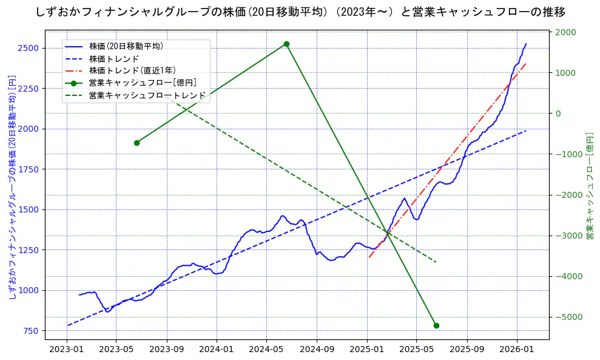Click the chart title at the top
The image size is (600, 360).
point(300,12)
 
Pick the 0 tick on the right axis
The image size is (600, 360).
point(558,114)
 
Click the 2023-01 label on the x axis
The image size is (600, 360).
point(66,349)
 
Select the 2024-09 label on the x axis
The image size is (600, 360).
point(317,349)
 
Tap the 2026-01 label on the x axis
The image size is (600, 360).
point(516,349)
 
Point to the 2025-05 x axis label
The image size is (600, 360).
point(416,349)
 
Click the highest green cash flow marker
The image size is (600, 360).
point(286,44)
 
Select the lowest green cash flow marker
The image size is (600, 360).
point(436,325)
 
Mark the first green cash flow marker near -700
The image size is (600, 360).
point(137,143)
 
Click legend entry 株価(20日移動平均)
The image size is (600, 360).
point(126,46)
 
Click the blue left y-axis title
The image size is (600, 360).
point(12,188)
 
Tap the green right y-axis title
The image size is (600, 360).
point(589,188)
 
